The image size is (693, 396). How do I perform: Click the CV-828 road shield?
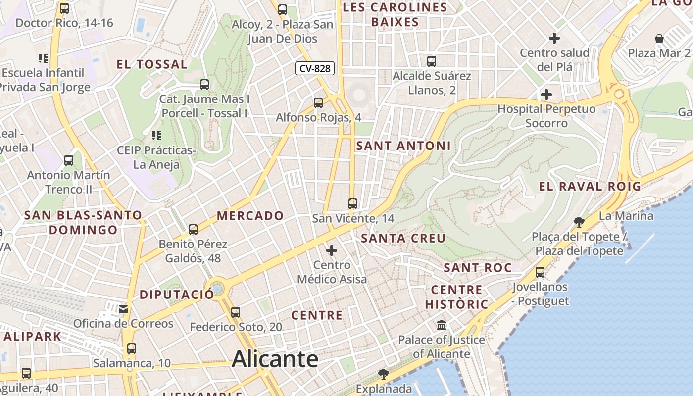coord(315,68)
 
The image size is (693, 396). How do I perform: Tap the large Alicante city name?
coord(275,359)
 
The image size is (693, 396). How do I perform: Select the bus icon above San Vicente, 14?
coord(353,203)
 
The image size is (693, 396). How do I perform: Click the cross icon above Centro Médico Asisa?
coord(332,250)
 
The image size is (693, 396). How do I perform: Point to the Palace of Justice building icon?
coord(442,325)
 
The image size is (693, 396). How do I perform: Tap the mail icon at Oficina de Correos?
coord(123,309)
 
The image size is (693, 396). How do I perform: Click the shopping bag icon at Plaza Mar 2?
coord(659,39)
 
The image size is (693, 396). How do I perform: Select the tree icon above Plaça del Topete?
coord(579,221)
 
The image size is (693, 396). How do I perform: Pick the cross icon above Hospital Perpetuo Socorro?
coord(546,94)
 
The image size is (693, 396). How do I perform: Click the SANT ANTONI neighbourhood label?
coord(403,146)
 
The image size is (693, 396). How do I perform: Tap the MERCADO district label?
coord(250,216)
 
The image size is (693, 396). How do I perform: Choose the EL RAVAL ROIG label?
coord(590,186)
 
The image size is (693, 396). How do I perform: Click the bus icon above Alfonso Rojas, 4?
coord(318,103)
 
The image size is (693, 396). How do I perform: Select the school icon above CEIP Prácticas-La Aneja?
coord(156,135)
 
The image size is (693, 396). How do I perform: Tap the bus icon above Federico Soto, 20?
coord(236,312)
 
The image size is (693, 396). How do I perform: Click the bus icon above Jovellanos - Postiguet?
coord(540,272)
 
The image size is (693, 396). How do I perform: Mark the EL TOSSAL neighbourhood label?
coord(152,64)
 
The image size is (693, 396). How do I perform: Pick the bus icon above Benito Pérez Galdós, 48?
coord(193,230)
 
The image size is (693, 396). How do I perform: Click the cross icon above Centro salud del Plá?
coord(554,38)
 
